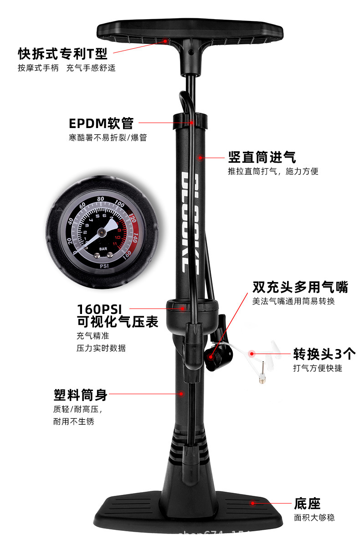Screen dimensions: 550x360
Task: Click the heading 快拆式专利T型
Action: coord(63,54)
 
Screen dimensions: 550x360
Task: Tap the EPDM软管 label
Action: coord(101,123)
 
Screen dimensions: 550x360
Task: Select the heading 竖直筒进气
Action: coord(262,158)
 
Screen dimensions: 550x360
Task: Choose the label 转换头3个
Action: coord(324,354)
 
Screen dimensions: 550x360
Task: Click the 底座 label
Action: coord(307,504)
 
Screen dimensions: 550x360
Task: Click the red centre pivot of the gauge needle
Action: coord(104,232)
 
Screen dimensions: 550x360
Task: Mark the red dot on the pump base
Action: coord(252,503)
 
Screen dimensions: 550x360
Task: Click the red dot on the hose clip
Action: coord(192,123)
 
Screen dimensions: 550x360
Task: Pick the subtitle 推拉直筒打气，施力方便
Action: coord(273,172)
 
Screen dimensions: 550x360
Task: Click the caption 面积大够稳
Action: coord(314,518)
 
